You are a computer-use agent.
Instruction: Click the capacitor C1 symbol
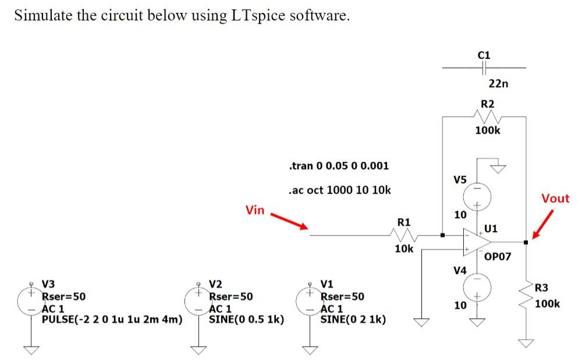pyautogui.click(x=484, y=68)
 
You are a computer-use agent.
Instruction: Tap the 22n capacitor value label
pyautogui.click(x=498, y=84)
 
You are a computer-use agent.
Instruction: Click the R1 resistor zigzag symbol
pyautogui.click(x=403, y=236)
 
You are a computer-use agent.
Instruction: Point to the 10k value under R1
pyautogui.click(x=404, y=249)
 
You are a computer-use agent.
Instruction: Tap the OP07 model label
pyautogui.click(x=496, y=256)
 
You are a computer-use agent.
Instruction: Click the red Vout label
pyautogui.click(x=555, y=198)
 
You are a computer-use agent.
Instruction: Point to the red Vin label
pyautogui.click(x=255, y=210)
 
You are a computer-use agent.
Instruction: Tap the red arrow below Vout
pyautogui.click(x=541, y=223)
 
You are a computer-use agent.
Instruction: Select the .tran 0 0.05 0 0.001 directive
pyautogui.click(x=338, y=166)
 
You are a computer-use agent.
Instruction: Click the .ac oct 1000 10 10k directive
pyautogui.click(x=339, y=190)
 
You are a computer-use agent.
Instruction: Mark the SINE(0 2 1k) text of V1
pyautogui.click(x=352, y=319)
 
